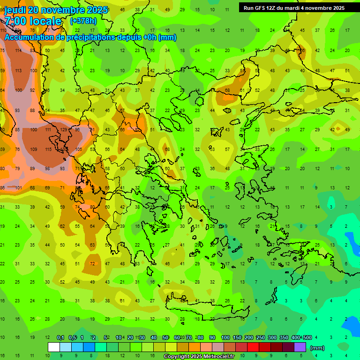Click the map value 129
click(x=64, y=129)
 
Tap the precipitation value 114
click(x=19, y=51)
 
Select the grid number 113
click(x=19, y=71)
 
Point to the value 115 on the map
click(x=48, y=150)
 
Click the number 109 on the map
click(x=33, y=150)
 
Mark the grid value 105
click(x=78, y=150)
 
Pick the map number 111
click(x=48, y=129)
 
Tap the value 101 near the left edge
click(x=19, y=188)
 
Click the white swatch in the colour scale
click(x=53, y=347)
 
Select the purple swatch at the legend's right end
click(x=300, y=347)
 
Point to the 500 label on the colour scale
click(x=307, y=337)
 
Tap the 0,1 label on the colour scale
click(x=60, y=337)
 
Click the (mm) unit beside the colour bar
click(x=317, y=348)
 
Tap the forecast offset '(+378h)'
click(x=84, y=21)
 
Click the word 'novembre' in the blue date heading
click(x=65, y=10)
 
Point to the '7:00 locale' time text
click(x=33, y=21)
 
